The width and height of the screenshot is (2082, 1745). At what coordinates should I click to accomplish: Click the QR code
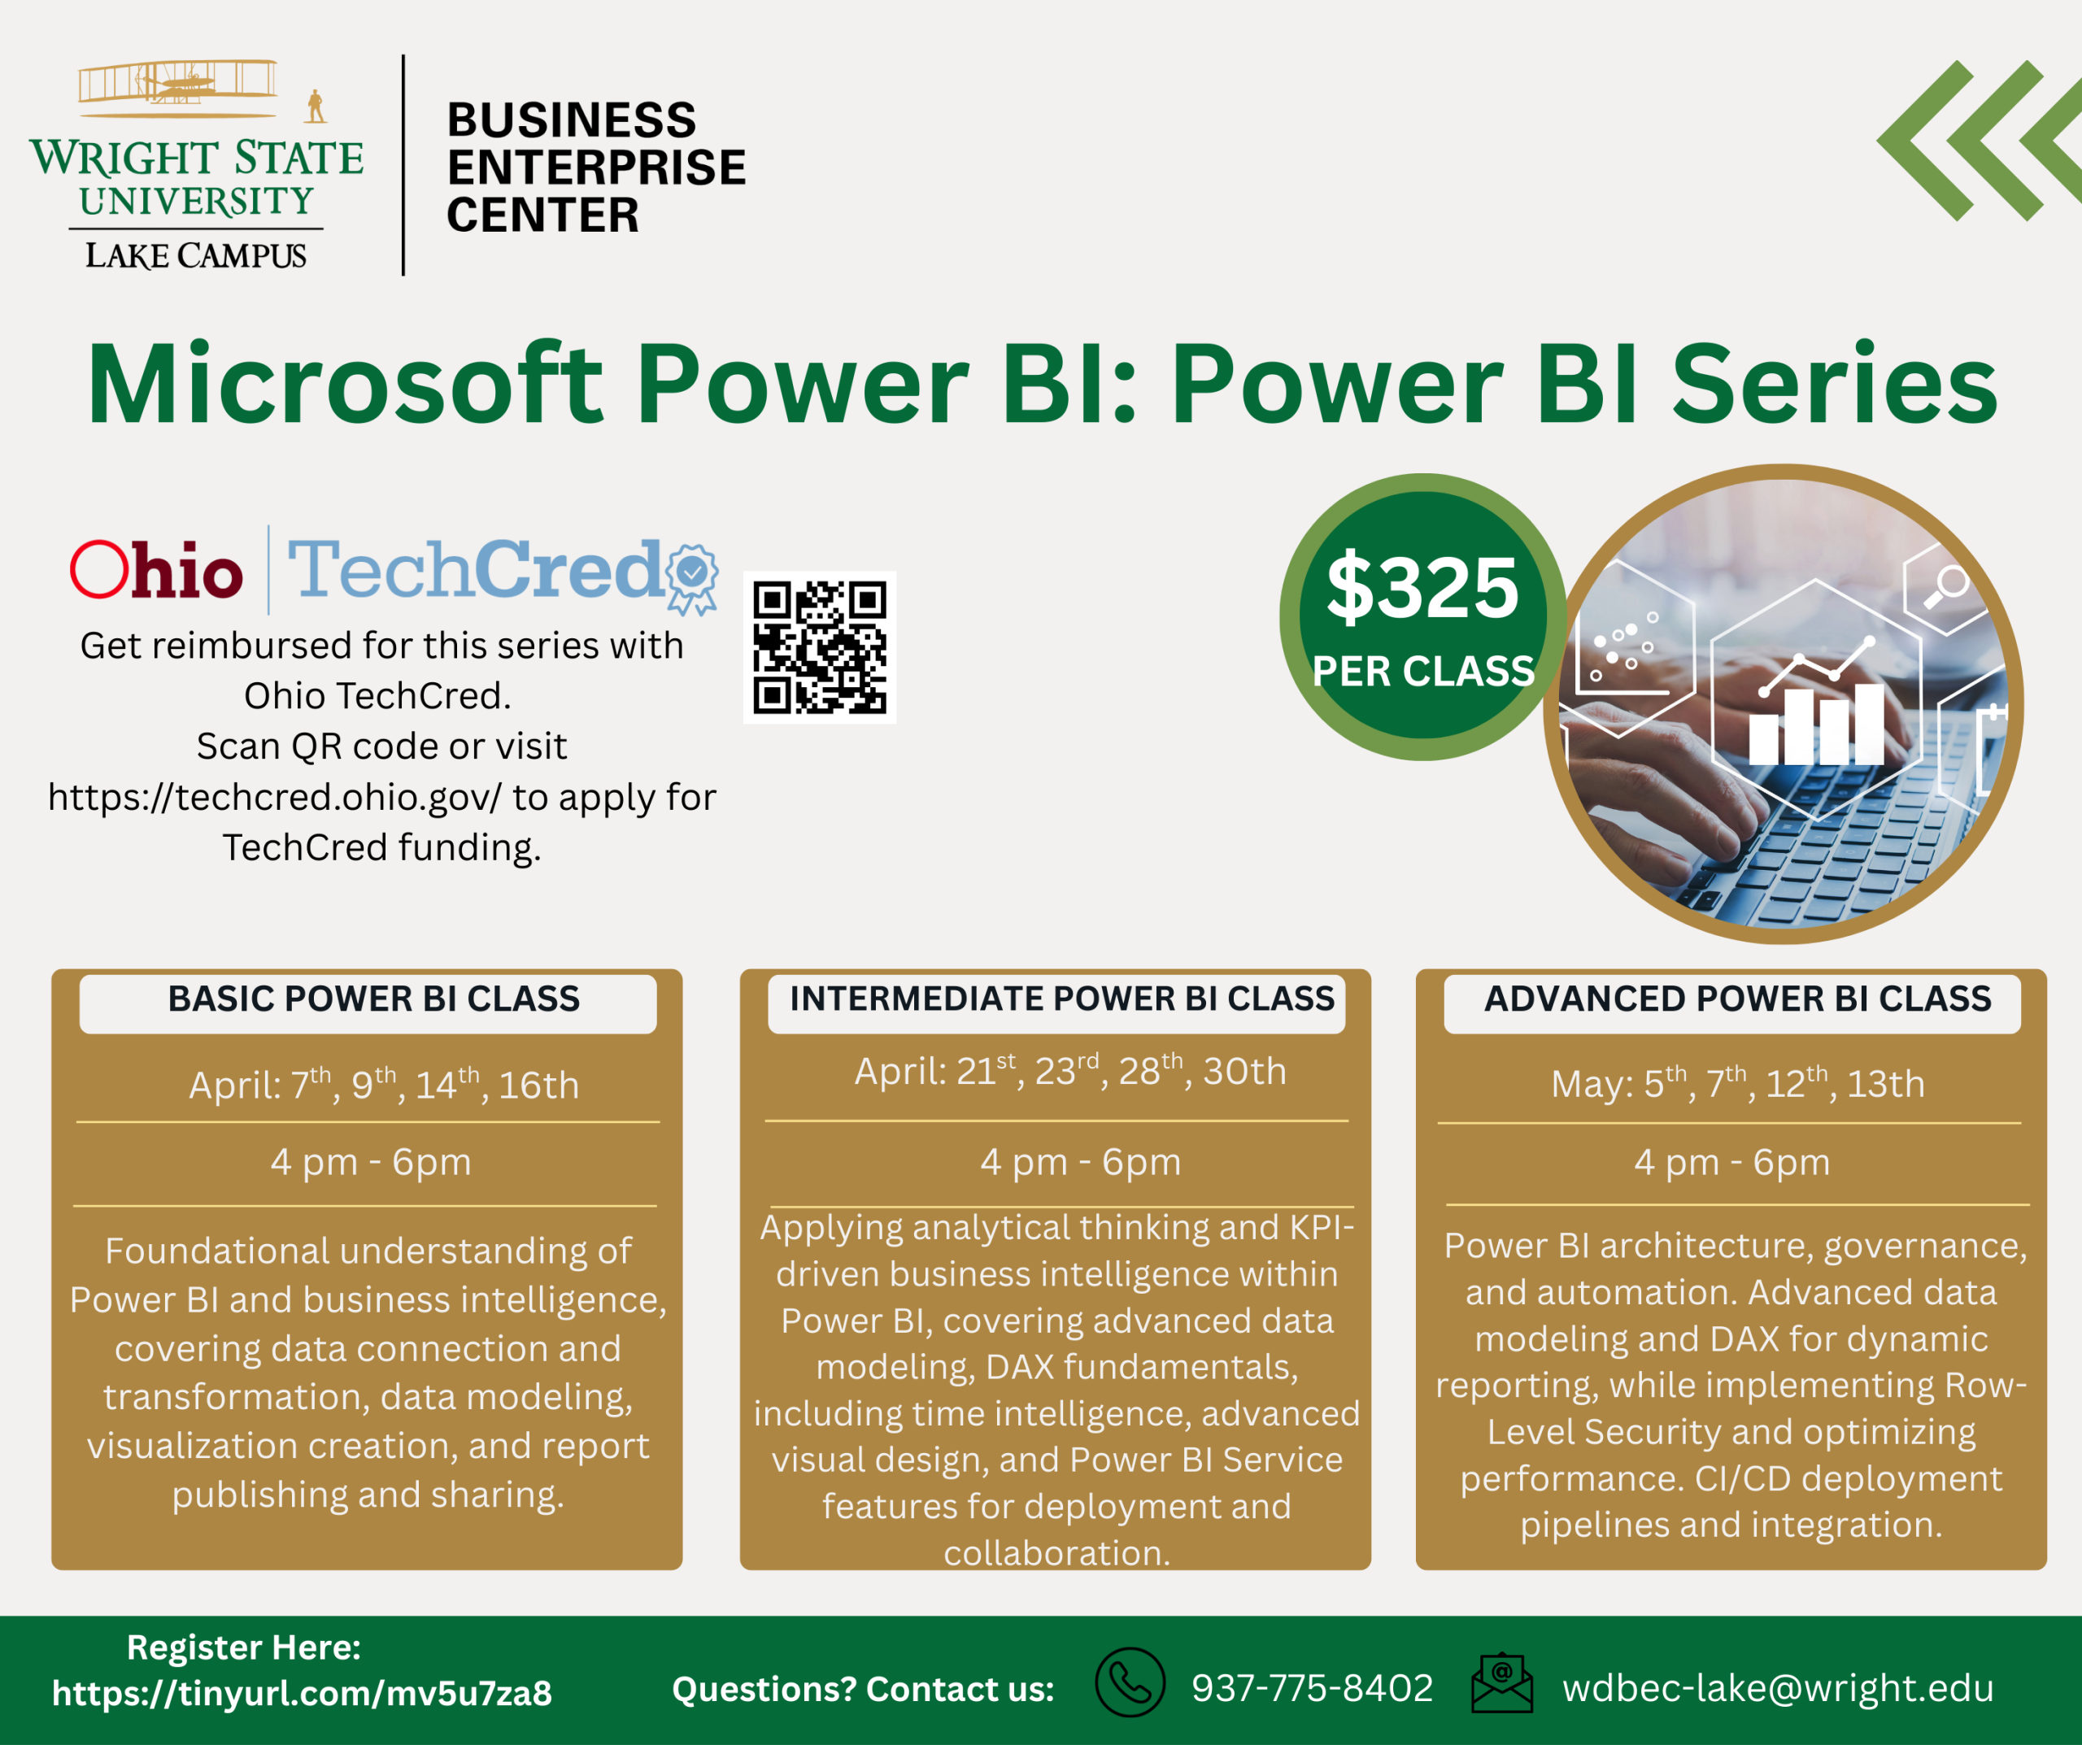click(820, 647)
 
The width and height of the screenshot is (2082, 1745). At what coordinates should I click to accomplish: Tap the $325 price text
click(1422, 588)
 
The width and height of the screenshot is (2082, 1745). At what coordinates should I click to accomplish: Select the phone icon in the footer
click(1130, 1682)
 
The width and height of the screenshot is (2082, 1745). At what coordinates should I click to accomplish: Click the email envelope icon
click(1502, 1682)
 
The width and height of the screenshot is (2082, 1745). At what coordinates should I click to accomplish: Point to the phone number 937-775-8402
click(1313, 1687)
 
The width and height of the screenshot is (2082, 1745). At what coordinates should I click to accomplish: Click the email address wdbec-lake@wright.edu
click(1778, 1687)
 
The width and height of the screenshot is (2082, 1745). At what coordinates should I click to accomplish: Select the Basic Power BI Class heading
click(374, 999)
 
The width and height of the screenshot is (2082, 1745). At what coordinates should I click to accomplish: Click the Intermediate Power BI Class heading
click(1062, 999)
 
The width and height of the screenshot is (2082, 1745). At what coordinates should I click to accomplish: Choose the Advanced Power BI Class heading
click(1737, 999)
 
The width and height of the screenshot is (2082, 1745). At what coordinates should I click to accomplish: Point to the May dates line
click(1737, 1082)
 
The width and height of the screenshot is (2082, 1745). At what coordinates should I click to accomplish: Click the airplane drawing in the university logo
click(178, 81)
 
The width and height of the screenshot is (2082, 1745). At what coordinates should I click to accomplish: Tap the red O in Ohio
click(99, 569)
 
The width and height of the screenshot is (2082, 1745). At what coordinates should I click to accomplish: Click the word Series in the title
click(1834, 385)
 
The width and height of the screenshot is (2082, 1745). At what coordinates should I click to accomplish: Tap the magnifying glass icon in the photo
click(1945, 587)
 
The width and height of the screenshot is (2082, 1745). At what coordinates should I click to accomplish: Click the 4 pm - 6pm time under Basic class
click(371, 1162)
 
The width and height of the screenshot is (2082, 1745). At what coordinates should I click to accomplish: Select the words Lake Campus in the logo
click(195, 256)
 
